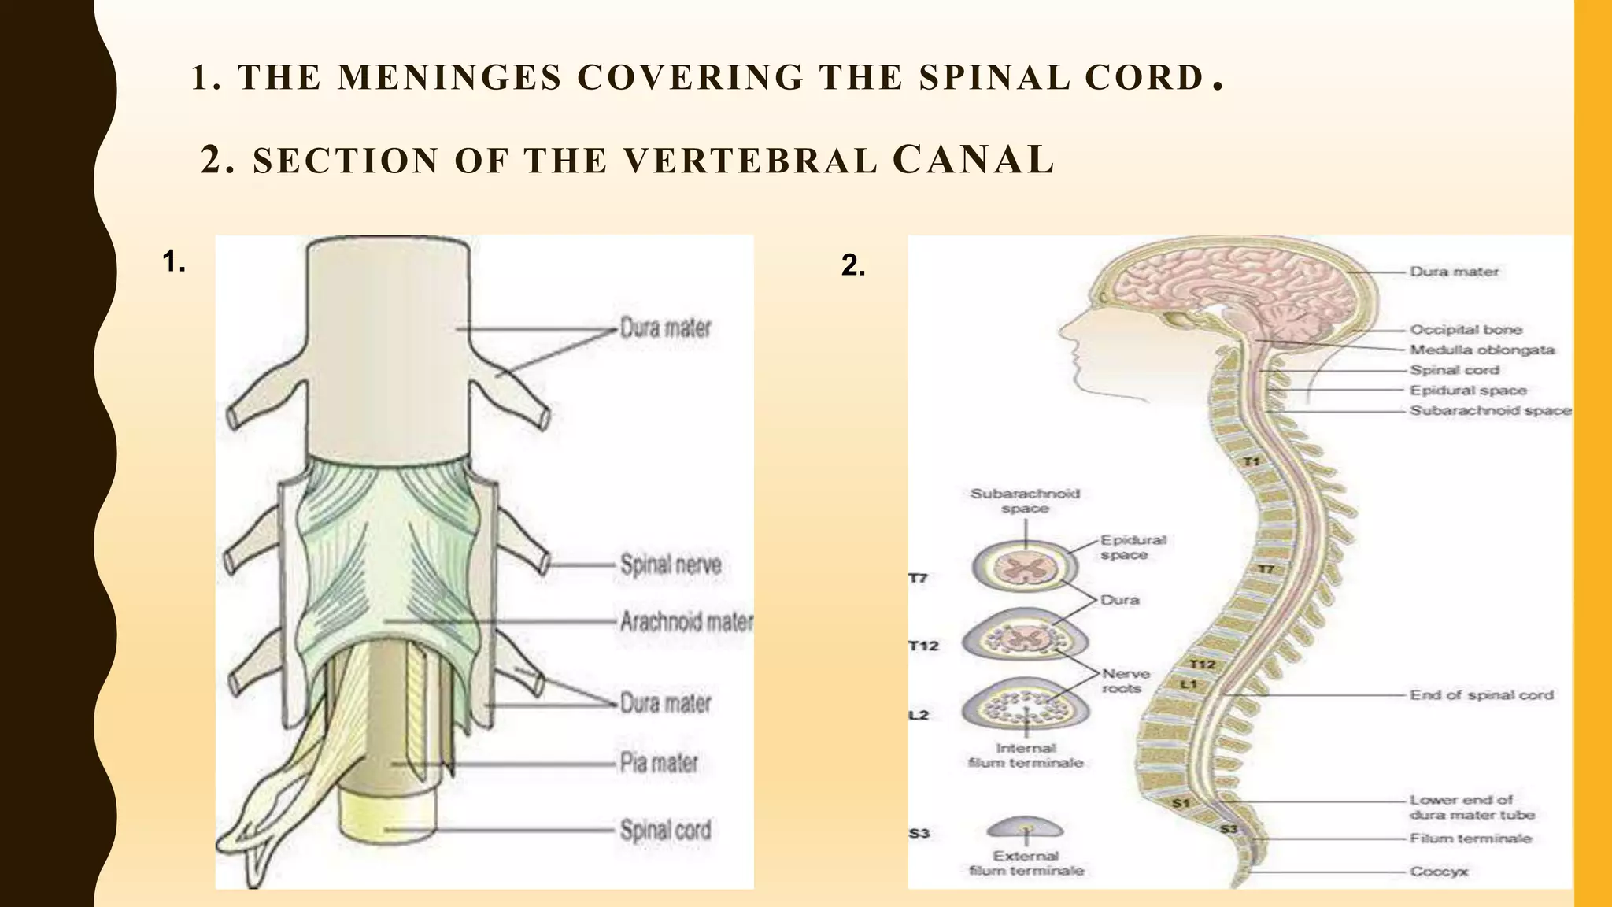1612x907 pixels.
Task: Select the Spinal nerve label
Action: pos(671,565)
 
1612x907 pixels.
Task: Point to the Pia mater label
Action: pos(659,763)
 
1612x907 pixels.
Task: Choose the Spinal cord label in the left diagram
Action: pos(665,830)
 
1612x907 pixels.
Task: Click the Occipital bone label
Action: pos(1466,330)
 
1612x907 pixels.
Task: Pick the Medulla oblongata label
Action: pos(1482,350)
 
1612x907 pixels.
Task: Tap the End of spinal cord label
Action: pos(1481,695)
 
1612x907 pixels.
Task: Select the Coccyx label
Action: pos(1439,872)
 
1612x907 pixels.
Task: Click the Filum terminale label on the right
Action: pos(1470,839)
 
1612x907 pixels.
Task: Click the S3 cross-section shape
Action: pos(1025,827)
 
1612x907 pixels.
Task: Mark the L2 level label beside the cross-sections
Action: pos(919,715)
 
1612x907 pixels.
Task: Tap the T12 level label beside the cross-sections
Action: pos(923,646)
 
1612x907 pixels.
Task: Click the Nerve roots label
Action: pos(1126,681)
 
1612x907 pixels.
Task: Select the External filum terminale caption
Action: pos(1026,863)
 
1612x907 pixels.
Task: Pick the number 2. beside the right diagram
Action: pos(853,265)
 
